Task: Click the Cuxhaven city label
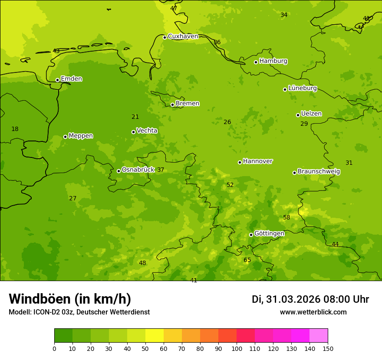pos(183,36)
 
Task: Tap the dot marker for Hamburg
pos(256,62)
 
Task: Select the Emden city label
pos(71,79)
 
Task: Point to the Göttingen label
pos(269,233)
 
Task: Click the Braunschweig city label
pos(319,172)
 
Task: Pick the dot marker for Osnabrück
pos(119,171)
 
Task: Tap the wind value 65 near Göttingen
pos(247,260)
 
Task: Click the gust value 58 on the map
pos(286,218)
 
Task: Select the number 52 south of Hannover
pos(230,185)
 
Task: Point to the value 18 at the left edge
pos(15,129)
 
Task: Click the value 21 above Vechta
pos(135,117)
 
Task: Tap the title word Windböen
pos(40,299)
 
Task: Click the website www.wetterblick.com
pos(313,312)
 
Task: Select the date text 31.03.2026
pos(293,299)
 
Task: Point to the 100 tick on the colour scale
pos(237,348)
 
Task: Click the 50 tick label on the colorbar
pos(145,348)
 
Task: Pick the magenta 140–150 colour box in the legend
pos(319,335)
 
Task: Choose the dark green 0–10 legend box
pos(63,335)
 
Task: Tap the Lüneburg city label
pos(302,88)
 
